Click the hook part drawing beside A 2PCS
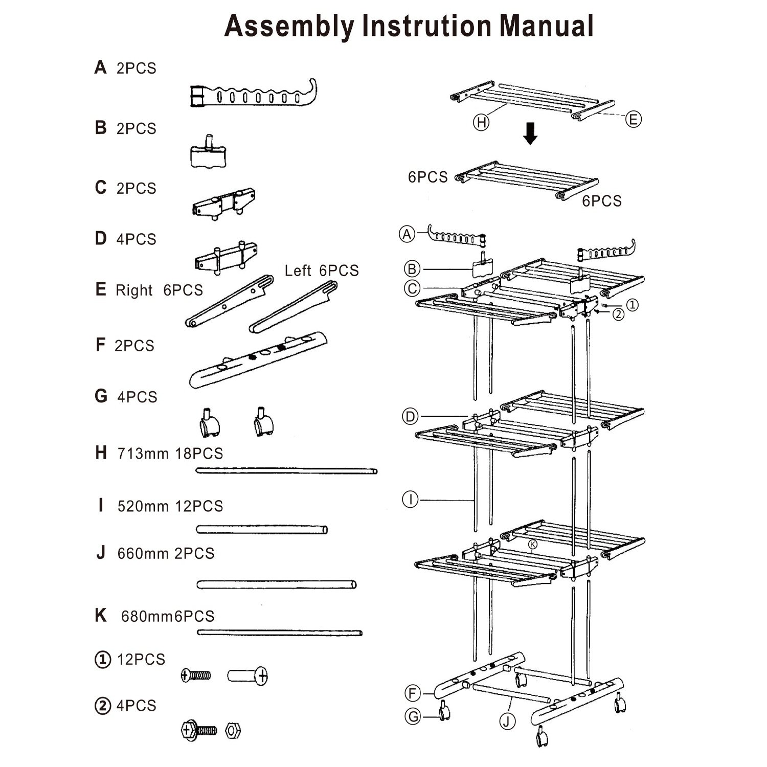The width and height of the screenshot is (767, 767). (253, 95)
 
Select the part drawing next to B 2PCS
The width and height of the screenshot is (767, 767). (209, 153)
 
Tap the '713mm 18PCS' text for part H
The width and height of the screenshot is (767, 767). (170, 454)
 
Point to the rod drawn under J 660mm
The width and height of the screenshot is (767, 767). (276, 584)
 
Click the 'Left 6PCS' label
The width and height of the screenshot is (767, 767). (322, 270)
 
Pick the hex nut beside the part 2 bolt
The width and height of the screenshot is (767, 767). (233, 730)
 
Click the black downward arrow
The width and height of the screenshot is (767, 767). (531, 133)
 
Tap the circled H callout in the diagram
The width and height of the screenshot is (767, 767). (481, 123)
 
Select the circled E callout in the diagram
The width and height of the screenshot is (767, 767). (633, 120)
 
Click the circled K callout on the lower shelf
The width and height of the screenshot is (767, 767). (533, 545)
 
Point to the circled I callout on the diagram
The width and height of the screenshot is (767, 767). (411, 499)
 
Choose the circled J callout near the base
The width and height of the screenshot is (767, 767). (507, 721)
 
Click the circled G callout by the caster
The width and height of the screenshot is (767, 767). (413, 716)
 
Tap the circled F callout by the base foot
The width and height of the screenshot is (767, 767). (413, 694)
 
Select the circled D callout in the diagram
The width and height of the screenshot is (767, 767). (411, 417)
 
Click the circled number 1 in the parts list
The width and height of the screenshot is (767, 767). (103, 660)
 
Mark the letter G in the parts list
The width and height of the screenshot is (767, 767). (101, 396)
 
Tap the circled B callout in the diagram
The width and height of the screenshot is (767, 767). (412, 268)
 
